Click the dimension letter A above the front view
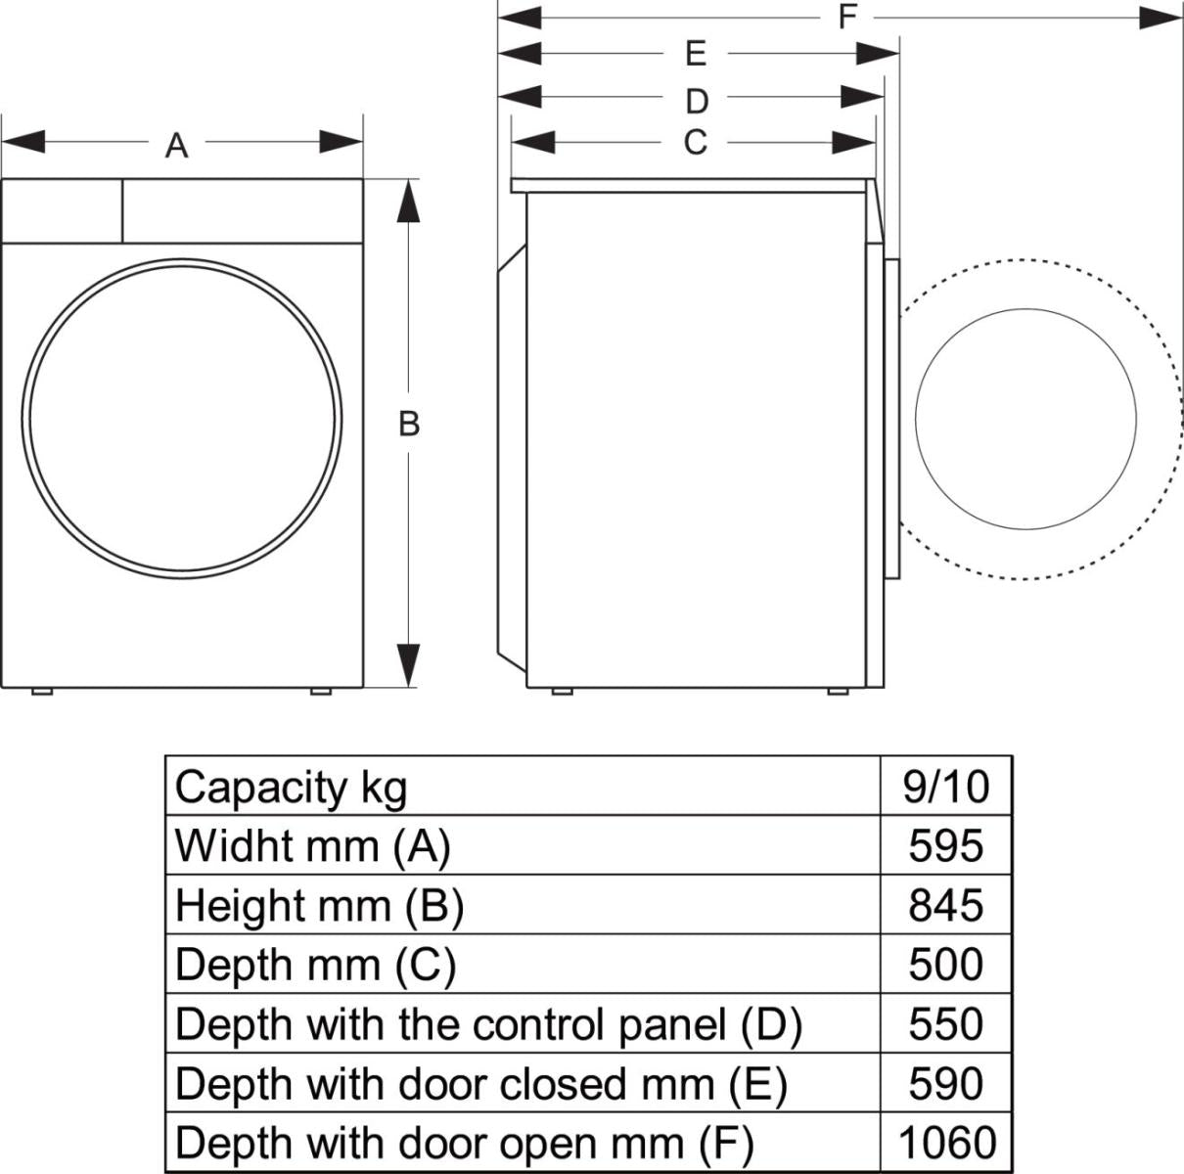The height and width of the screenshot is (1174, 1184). pyautogui.click(x=176, y=147)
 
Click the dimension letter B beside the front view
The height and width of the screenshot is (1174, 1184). pyautogui.click(x=409, y=424)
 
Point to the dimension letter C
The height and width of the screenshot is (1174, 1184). pyautogui.click(x=695, y=143)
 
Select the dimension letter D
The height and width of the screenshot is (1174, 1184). pyautogui.click(x=696, y=101)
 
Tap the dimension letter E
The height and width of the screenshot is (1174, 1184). pyautogui.click(x=696, y=53)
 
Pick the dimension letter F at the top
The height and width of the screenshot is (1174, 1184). pyautogui.click(x=847, y=16)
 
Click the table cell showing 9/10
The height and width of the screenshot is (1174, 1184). pyautogui.click(x=946, y=787)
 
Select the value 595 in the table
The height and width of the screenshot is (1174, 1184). pyautogui.click(x=946, y=846)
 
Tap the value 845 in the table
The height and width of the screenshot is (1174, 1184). pyautogui.click(x=946, y=906)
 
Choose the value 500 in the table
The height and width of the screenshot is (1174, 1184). pyautogui.click(x=946, y=966)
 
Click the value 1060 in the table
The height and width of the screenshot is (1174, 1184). pyautogui.click(x=946, y=1143)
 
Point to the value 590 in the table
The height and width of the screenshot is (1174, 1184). pyautogui.click(x=946, y=1084)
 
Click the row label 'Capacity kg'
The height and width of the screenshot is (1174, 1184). pyautogui.click(x=291, y=787)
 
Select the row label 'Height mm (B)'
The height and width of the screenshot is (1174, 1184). pyautogui.click(x=319, y=906)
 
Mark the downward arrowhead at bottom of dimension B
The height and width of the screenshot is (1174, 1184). pyautogui.click(x=409, y=665)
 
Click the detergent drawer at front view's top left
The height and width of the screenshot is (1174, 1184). pyautogui.click(x=62, y=210)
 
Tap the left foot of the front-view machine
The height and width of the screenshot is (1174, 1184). pyautogui.click(x=41, y=692)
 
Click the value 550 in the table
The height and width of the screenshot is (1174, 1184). pyautogui.click(x=946, y=1024)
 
